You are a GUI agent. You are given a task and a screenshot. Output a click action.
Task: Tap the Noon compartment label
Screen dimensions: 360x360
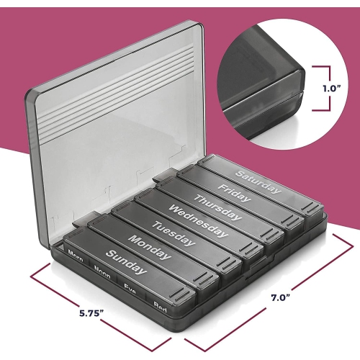102,270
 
